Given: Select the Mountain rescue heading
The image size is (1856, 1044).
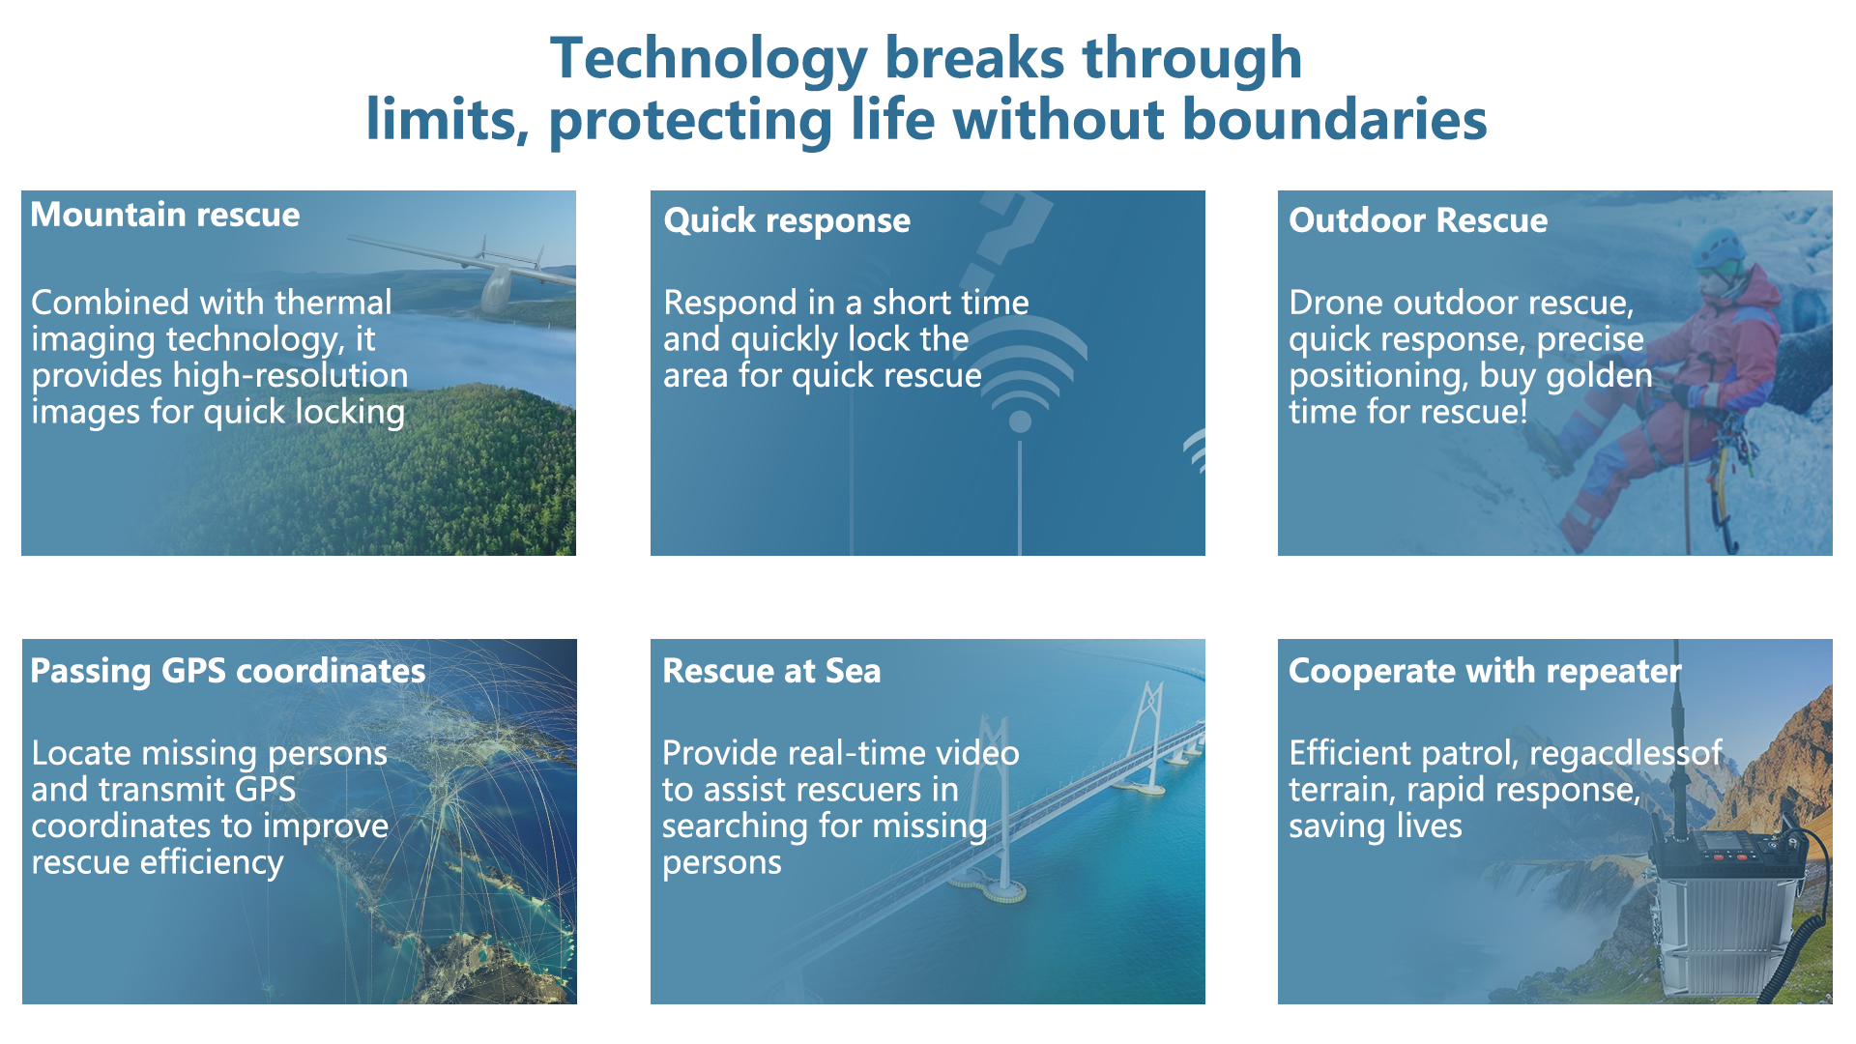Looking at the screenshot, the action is click(165, 215).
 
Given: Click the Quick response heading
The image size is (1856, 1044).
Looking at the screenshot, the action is click(787, 221).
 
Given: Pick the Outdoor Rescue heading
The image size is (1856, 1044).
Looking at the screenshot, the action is click(1418, 220).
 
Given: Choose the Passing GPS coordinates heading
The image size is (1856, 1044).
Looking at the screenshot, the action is click(228, 671).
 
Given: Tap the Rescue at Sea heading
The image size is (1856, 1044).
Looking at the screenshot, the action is click(771, 671).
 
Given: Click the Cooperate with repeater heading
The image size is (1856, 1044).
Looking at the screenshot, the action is click(1485, 671).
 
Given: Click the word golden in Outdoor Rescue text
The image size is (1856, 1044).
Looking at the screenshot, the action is click(1600, 376).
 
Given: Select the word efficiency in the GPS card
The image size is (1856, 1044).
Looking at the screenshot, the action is click(212, 862).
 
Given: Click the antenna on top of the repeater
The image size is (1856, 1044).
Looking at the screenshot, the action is click(1677, 735).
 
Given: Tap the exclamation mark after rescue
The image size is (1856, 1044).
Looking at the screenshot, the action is click(1523, 412).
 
